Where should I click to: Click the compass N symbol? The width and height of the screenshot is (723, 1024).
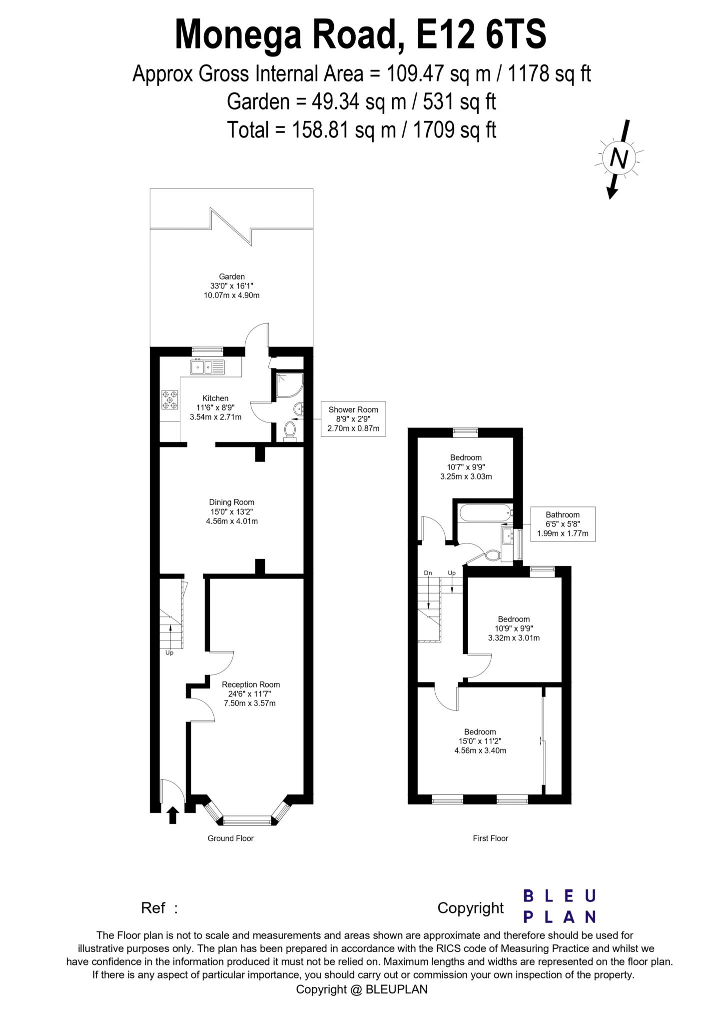[619, 159]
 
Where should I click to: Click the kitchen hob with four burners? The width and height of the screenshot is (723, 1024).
[170, 400]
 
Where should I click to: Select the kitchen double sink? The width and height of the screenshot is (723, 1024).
[207, 367]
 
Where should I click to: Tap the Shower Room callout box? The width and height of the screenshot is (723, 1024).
[353, 419]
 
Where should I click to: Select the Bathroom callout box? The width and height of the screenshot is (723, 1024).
[563, 524]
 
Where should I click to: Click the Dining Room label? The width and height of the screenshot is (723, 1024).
[231, 502]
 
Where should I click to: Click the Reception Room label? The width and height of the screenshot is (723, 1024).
[251, 684]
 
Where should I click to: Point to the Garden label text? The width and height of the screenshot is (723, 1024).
[232, 276]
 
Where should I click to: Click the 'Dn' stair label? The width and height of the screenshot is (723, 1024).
[428, 573]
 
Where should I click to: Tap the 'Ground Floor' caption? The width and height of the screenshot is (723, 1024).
[230, 838]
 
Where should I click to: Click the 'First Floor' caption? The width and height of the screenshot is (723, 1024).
[490, 838]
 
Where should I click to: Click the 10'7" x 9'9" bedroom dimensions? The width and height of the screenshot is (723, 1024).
[466, 467]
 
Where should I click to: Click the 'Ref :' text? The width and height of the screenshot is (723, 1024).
[159, 907]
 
